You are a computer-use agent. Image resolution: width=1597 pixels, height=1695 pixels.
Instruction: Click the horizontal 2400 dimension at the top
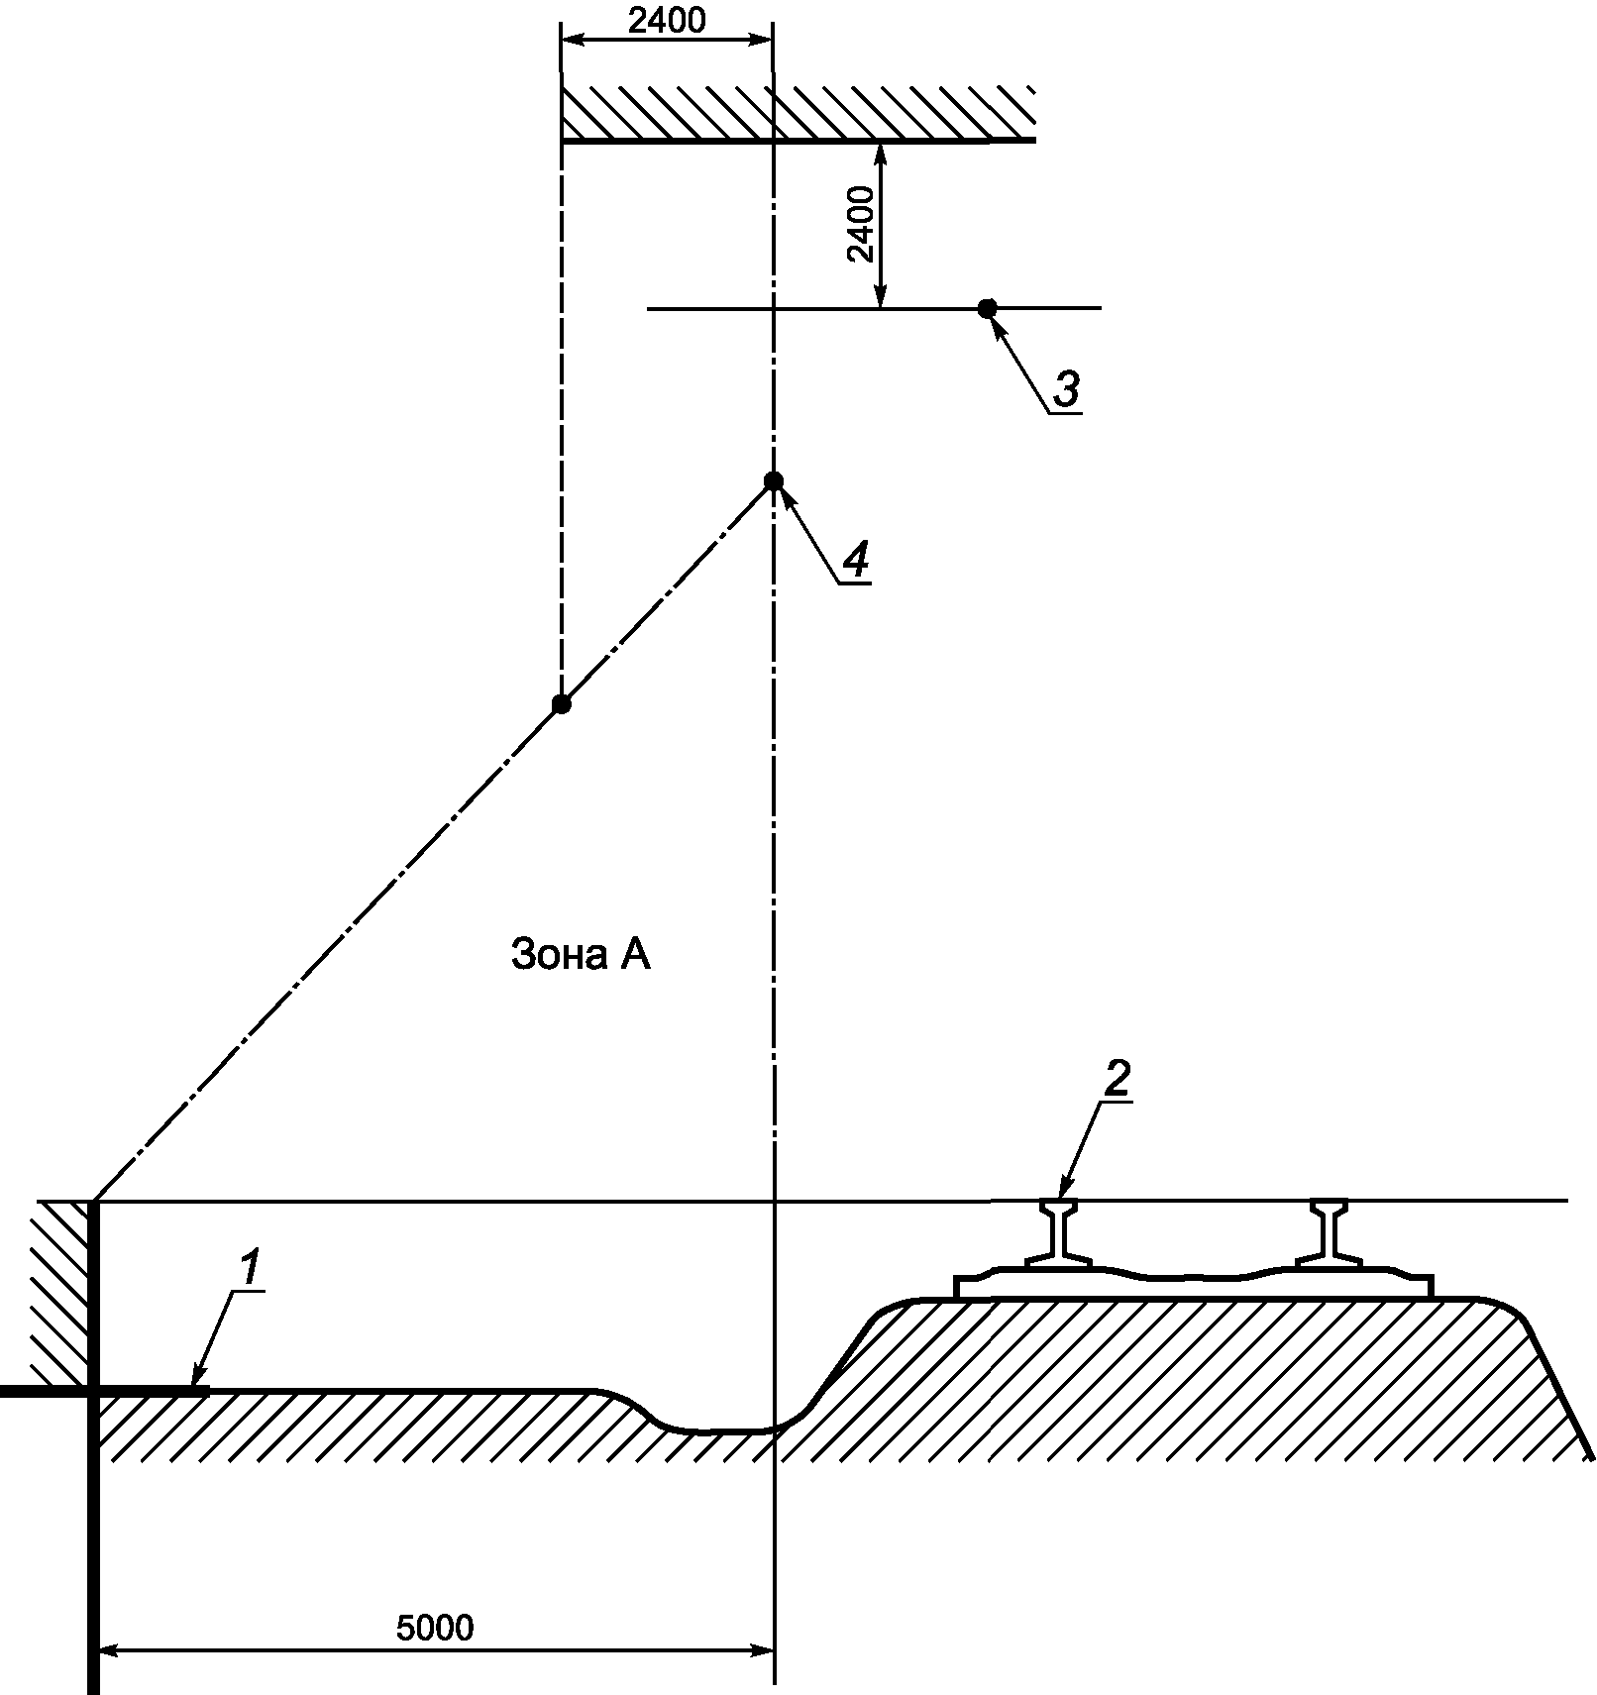(x=666, y=20)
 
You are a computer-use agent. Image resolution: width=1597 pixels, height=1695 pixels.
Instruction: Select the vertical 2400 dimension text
(x=860, y=224)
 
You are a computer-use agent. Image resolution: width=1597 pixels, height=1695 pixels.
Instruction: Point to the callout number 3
(x=1065, y=389)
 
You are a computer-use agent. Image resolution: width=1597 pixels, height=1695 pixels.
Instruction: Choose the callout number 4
(x=855, y=562)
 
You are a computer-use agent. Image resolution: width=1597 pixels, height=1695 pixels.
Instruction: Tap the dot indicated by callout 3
(x=987, y=308)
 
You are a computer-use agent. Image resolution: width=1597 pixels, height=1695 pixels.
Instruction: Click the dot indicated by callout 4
(x=774, y=481)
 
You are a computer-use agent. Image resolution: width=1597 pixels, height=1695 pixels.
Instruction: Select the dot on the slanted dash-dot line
(x=562, y=704)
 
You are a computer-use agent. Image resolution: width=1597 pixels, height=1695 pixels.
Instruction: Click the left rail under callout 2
(x=1058, y=1233)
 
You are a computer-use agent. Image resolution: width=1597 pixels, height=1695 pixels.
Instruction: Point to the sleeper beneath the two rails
(x=1194, y=1284)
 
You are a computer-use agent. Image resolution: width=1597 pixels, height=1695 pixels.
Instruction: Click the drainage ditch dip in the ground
(x=713, y=1429)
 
